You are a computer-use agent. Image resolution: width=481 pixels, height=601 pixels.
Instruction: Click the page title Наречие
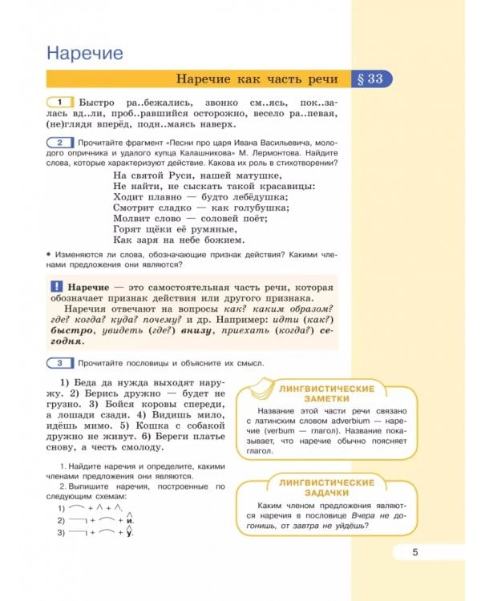(84, 54)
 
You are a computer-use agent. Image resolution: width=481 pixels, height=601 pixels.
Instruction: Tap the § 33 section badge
(370, 79)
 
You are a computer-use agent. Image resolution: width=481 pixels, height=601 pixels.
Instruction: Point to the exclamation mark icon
(56, 287)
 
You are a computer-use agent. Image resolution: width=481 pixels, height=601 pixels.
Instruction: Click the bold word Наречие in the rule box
(88, 287)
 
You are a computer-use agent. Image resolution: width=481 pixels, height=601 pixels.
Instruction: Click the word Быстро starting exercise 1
(98, 103)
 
